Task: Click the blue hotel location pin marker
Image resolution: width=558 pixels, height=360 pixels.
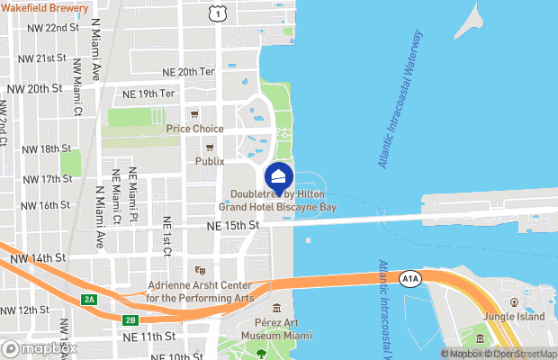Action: [x=279, y=177]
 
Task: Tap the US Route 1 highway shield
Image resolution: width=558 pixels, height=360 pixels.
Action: [x=216, y=12]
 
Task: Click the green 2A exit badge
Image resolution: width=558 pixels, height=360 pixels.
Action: [x=89, y=299]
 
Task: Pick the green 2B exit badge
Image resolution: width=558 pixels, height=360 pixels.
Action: [x=130, y=319]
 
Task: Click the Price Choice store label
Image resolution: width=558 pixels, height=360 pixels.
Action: [x=194, y=129]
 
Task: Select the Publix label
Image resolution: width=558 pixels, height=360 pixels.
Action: [x=210, y=161]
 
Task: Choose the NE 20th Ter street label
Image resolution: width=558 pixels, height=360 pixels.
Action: [x=189, y=71]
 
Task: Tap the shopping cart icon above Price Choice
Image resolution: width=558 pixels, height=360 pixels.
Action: [x=194, y=114]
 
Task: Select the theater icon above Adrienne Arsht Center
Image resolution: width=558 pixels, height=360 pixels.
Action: [x=200, y=270]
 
